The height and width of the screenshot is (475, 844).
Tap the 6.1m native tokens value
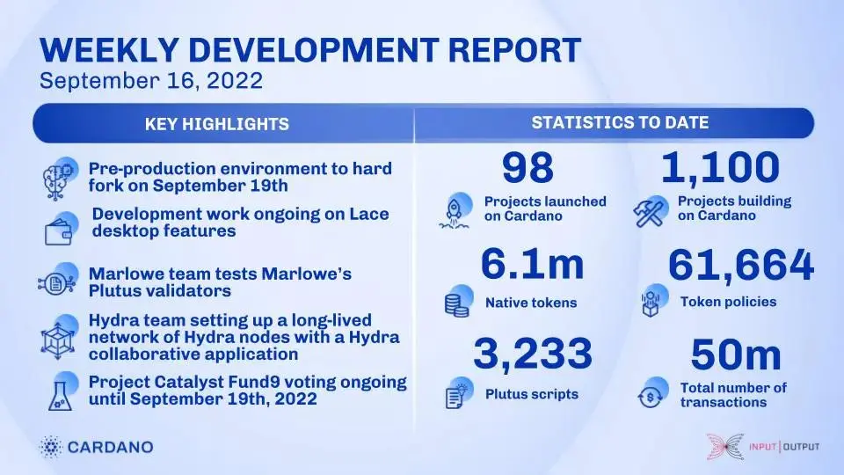pyautogui.click(x=533, y=264)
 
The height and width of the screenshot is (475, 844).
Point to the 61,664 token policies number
pyautogui.click(x=740, y=265)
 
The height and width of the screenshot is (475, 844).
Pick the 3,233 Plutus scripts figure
pyautogui.click(x=533, y=354)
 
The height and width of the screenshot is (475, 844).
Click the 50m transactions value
pyautogui.click(x=736, y=354)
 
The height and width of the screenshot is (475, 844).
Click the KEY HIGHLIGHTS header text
pyautogui.click(x=217, y=124)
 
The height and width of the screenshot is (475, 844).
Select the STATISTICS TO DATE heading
pyautogui.click(x=620, y=123)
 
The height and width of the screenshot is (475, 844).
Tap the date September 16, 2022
pyautogui.click(x=151, y=81)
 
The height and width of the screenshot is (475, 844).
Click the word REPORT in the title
pyautogui.click(x=514, y=50)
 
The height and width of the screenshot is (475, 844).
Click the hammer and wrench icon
pyautogui.click(x=650, y=211)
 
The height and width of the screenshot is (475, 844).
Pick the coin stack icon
pyautogui.click(x=458, y=301)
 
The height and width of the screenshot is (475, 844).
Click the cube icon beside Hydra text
pyautogui.click(x=59, y=337)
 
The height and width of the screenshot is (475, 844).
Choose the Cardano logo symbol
pyautogui.click(x=51, y=447)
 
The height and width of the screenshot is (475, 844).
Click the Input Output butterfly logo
pyautogui.click(x=725, y=447)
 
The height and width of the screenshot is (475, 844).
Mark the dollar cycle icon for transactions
pyautogui.click(x=651, y=393)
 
